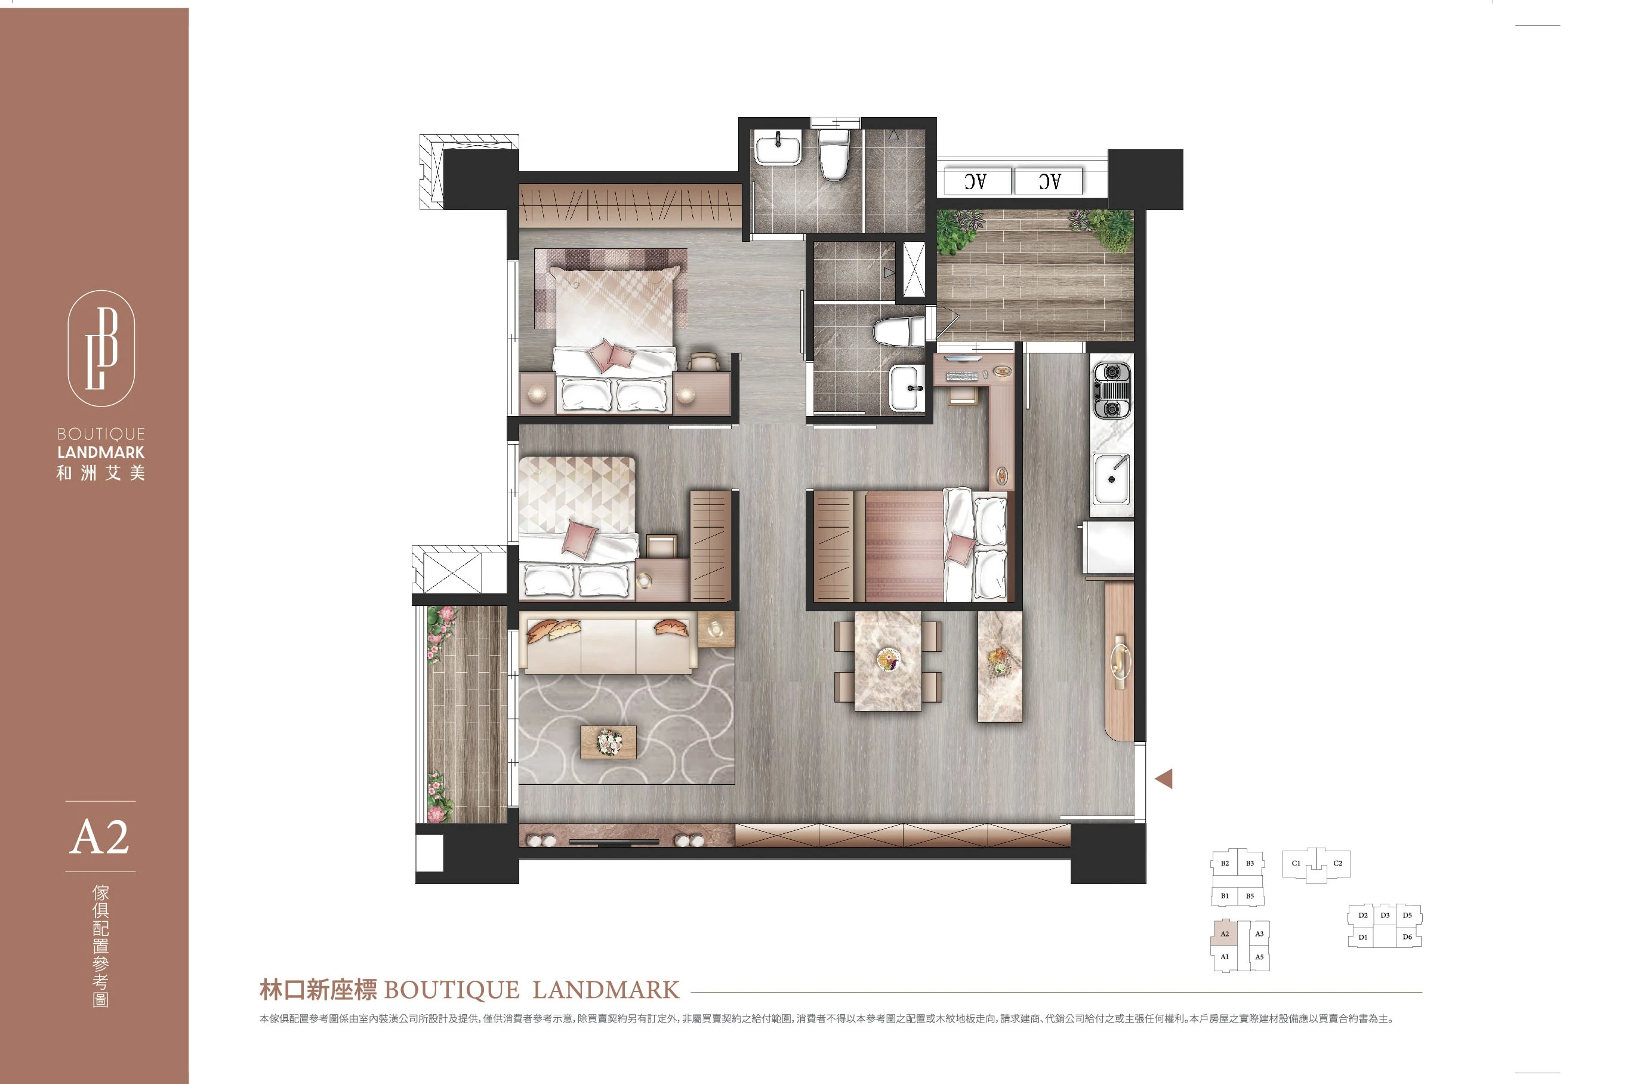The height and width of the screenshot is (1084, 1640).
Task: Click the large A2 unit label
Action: point(100,837)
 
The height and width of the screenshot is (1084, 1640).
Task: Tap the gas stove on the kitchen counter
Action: point(1111,390)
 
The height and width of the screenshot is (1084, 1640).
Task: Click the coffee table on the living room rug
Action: point(608,743)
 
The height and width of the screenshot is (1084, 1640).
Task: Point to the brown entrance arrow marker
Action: point(1164,779)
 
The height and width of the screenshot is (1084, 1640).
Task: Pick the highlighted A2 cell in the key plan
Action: point(1224,934)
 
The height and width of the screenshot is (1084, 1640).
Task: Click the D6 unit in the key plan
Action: point(1407,937)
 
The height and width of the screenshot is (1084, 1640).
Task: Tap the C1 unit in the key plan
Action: point(1296,864)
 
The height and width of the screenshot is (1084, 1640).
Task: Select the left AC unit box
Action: point(975,181)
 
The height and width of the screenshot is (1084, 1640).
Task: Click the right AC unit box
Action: point(1049,181)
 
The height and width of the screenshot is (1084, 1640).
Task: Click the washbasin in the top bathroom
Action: point(778,149)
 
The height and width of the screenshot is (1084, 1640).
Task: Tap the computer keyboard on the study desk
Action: point(961,376)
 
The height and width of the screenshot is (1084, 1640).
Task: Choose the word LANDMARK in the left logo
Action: point(101,452)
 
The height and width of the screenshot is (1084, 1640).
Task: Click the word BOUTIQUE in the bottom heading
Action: point(451,990)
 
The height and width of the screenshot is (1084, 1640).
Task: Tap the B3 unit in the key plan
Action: point(1250,864)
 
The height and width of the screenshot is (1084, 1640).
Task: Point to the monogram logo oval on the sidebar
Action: point(101,348)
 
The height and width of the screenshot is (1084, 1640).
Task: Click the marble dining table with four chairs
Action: point(888,660)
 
